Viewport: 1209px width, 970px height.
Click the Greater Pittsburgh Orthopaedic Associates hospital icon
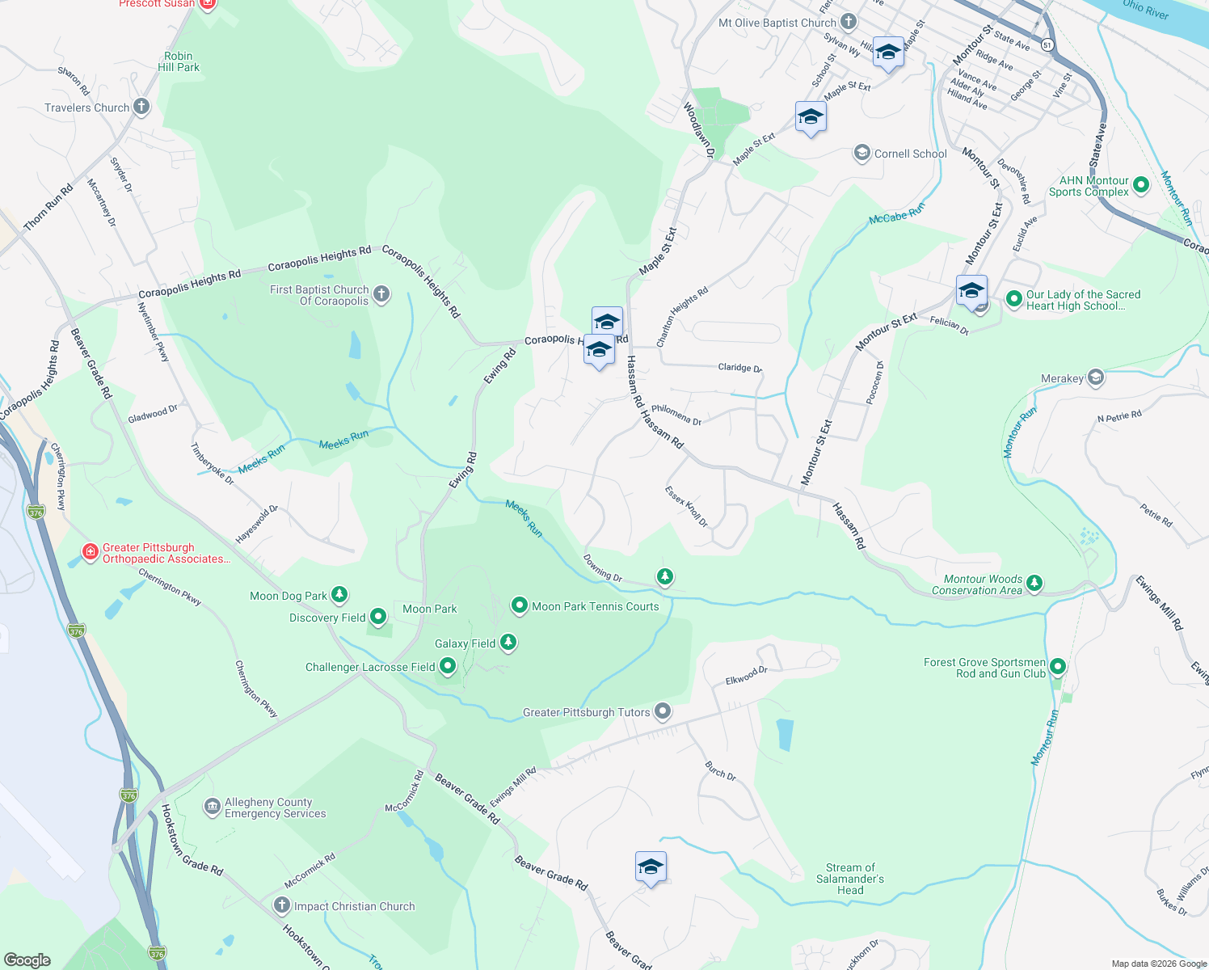[91, 553]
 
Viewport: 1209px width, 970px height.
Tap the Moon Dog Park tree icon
[339, 596]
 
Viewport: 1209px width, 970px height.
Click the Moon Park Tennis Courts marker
[520, 605]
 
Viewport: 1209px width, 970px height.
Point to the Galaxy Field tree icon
[508, 643]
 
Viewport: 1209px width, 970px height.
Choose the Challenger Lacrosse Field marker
[448, 667]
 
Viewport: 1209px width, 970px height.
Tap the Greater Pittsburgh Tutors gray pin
[663, 711]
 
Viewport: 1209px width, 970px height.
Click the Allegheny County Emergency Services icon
[212, 807]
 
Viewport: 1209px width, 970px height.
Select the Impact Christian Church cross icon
[282, 905]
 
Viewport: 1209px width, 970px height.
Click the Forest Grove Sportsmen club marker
[1058, 668]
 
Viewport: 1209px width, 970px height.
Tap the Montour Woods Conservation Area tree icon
[1034, 584]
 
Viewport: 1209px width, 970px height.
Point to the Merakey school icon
[1095, 377]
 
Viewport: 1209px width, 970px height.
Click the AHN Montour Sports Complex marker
[1141, 186]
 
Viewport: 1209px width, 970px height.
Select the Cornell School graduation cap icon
[862, 153]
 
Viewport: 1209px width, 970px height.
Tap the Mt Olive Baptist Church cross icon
[848, 22]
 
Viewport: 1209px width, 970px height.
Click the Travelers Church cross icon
[141, 107]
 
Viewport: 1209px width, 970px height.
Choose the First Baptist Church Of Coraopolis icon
[381, 294]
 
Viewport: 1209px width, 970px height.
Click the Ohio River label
[1145, 9]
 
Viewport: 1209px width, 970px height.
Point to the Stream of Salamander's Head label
[850, 879]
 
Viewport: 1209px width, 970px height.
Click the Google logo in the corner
[27, 959]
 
